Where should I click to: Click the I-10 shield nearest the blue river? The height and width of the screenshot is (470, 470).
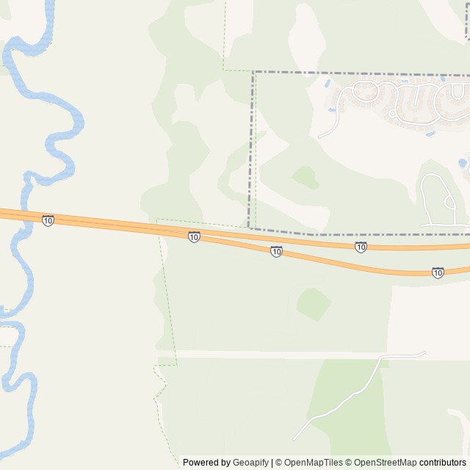click(48, 220)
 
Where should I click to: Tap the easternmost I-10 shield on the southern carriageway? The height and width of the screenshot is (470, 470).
click(438, 272)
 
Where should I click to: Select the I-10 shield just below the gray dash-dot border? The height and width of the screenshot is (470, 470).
click(361, 247)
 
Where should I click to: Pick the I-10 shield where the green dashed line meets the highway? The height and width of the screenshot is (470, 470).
click(194, 236)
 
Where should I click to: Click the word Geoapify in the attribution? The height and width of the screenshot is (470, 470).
click(251, 463)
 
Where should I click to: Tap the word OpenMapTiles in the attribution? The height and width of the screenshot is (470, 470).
click(314, 463)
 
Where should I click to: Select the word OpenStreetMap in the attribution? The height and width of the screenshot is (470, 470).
click(386, 463)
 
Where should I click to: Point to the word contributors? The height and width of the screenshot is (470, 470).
click(442, 463)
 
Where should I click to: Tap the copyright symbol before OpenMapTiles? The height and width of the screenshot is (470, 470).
click(278, 463)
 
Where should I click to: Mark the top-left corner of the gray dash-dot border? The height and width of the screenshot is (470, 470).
click(254, 72)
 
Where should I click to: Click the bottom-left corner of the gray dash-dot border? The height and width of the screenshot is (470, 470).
click(250, 228)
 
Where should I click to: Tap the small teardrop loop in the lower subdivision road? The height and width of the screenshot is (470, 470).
click(449, 201)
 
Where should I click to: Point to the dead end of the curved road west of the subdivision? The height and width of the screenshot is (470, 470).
click(319, 137)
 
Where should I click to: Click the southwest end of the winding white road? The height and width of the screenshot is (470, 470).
click(294, 440)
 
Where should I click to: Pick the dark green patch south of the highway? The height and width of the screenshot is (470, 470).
click(314, 303)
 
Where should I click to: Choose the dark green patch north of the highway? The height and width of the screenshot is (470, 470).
click(305, 176)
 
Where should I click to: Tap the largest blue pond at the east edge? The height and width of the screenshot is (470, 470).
click(462, 163)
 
